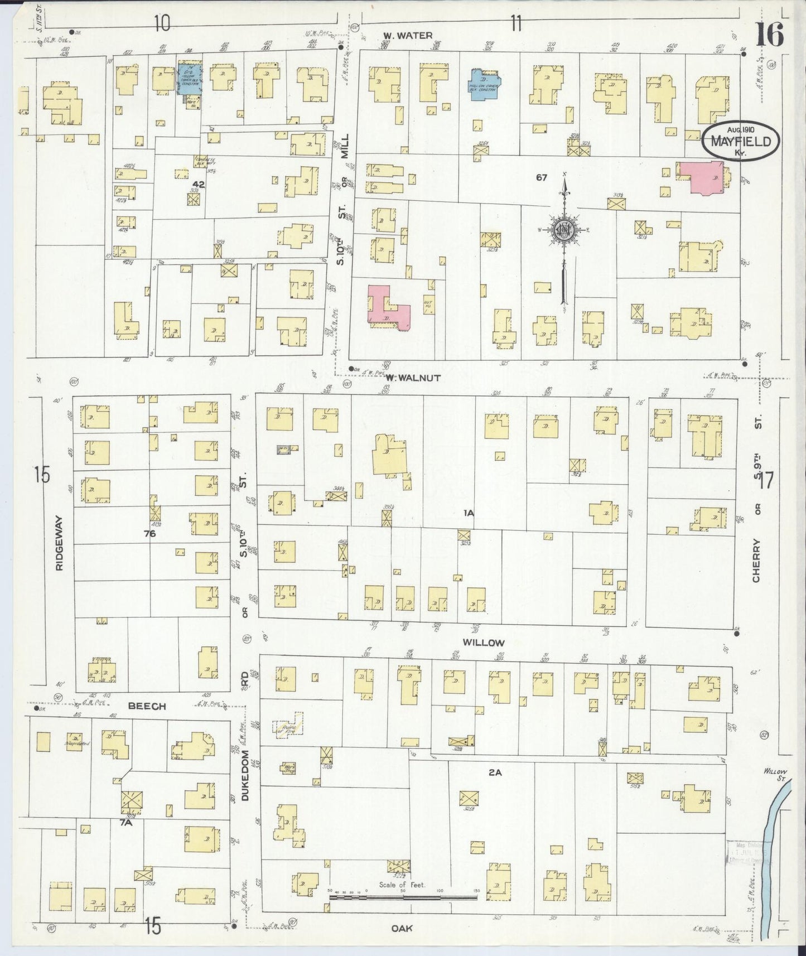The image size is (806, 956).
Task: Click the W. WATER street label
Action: [x=407, y=36]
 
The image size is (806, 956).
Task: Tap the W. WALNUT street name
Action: [x=413, y=378]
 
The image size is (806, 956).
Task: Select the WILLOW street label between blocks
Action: [x=484, y=643]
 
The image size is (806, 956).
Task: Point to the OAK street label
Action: [x=400, y=928]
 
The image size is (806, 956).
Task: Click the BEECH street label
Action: [x=147, y=706]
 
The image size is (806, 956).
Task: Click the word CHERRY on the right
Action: [x=757, y=561]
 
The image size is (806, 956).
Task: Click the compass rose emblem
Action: [x=564, y=229]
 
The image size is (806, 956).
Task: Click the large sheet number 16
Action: [x=770, y=35]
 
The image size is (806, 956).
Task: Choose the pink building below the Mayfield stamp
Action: [x=702, y=177]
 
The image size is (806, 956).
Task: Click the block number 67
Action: [x=541, y=177]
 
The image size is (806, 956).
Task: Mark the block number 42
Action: [x=199, y=184]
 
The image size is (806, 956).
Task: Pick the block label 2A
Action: [x=495, y=772]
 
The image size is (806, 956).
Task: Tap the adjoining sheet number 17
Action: [x=766, y=480]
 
